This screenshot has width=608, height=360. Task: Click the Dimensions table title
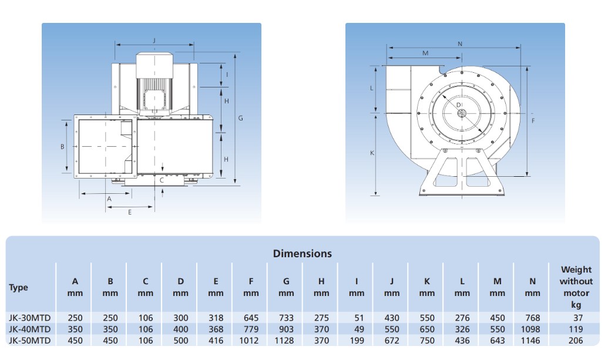tap(303, 254)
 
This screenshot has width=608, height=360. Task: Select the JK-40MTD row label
tap(30, 329)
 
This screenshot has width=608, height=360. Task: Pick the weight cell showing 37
tap(578, 318)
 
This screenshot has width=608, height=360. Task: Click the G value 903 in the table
tap(286, 329)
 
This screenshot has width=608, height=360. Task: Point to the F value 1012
tap(248, 341)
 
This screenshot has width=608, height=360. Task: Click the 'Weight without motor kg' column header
tap(576, 287)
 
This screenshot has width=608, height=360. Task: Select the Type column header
tap(18, 288)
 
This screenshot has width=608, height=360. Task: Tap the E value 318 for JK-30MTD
tap(216, 318)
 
